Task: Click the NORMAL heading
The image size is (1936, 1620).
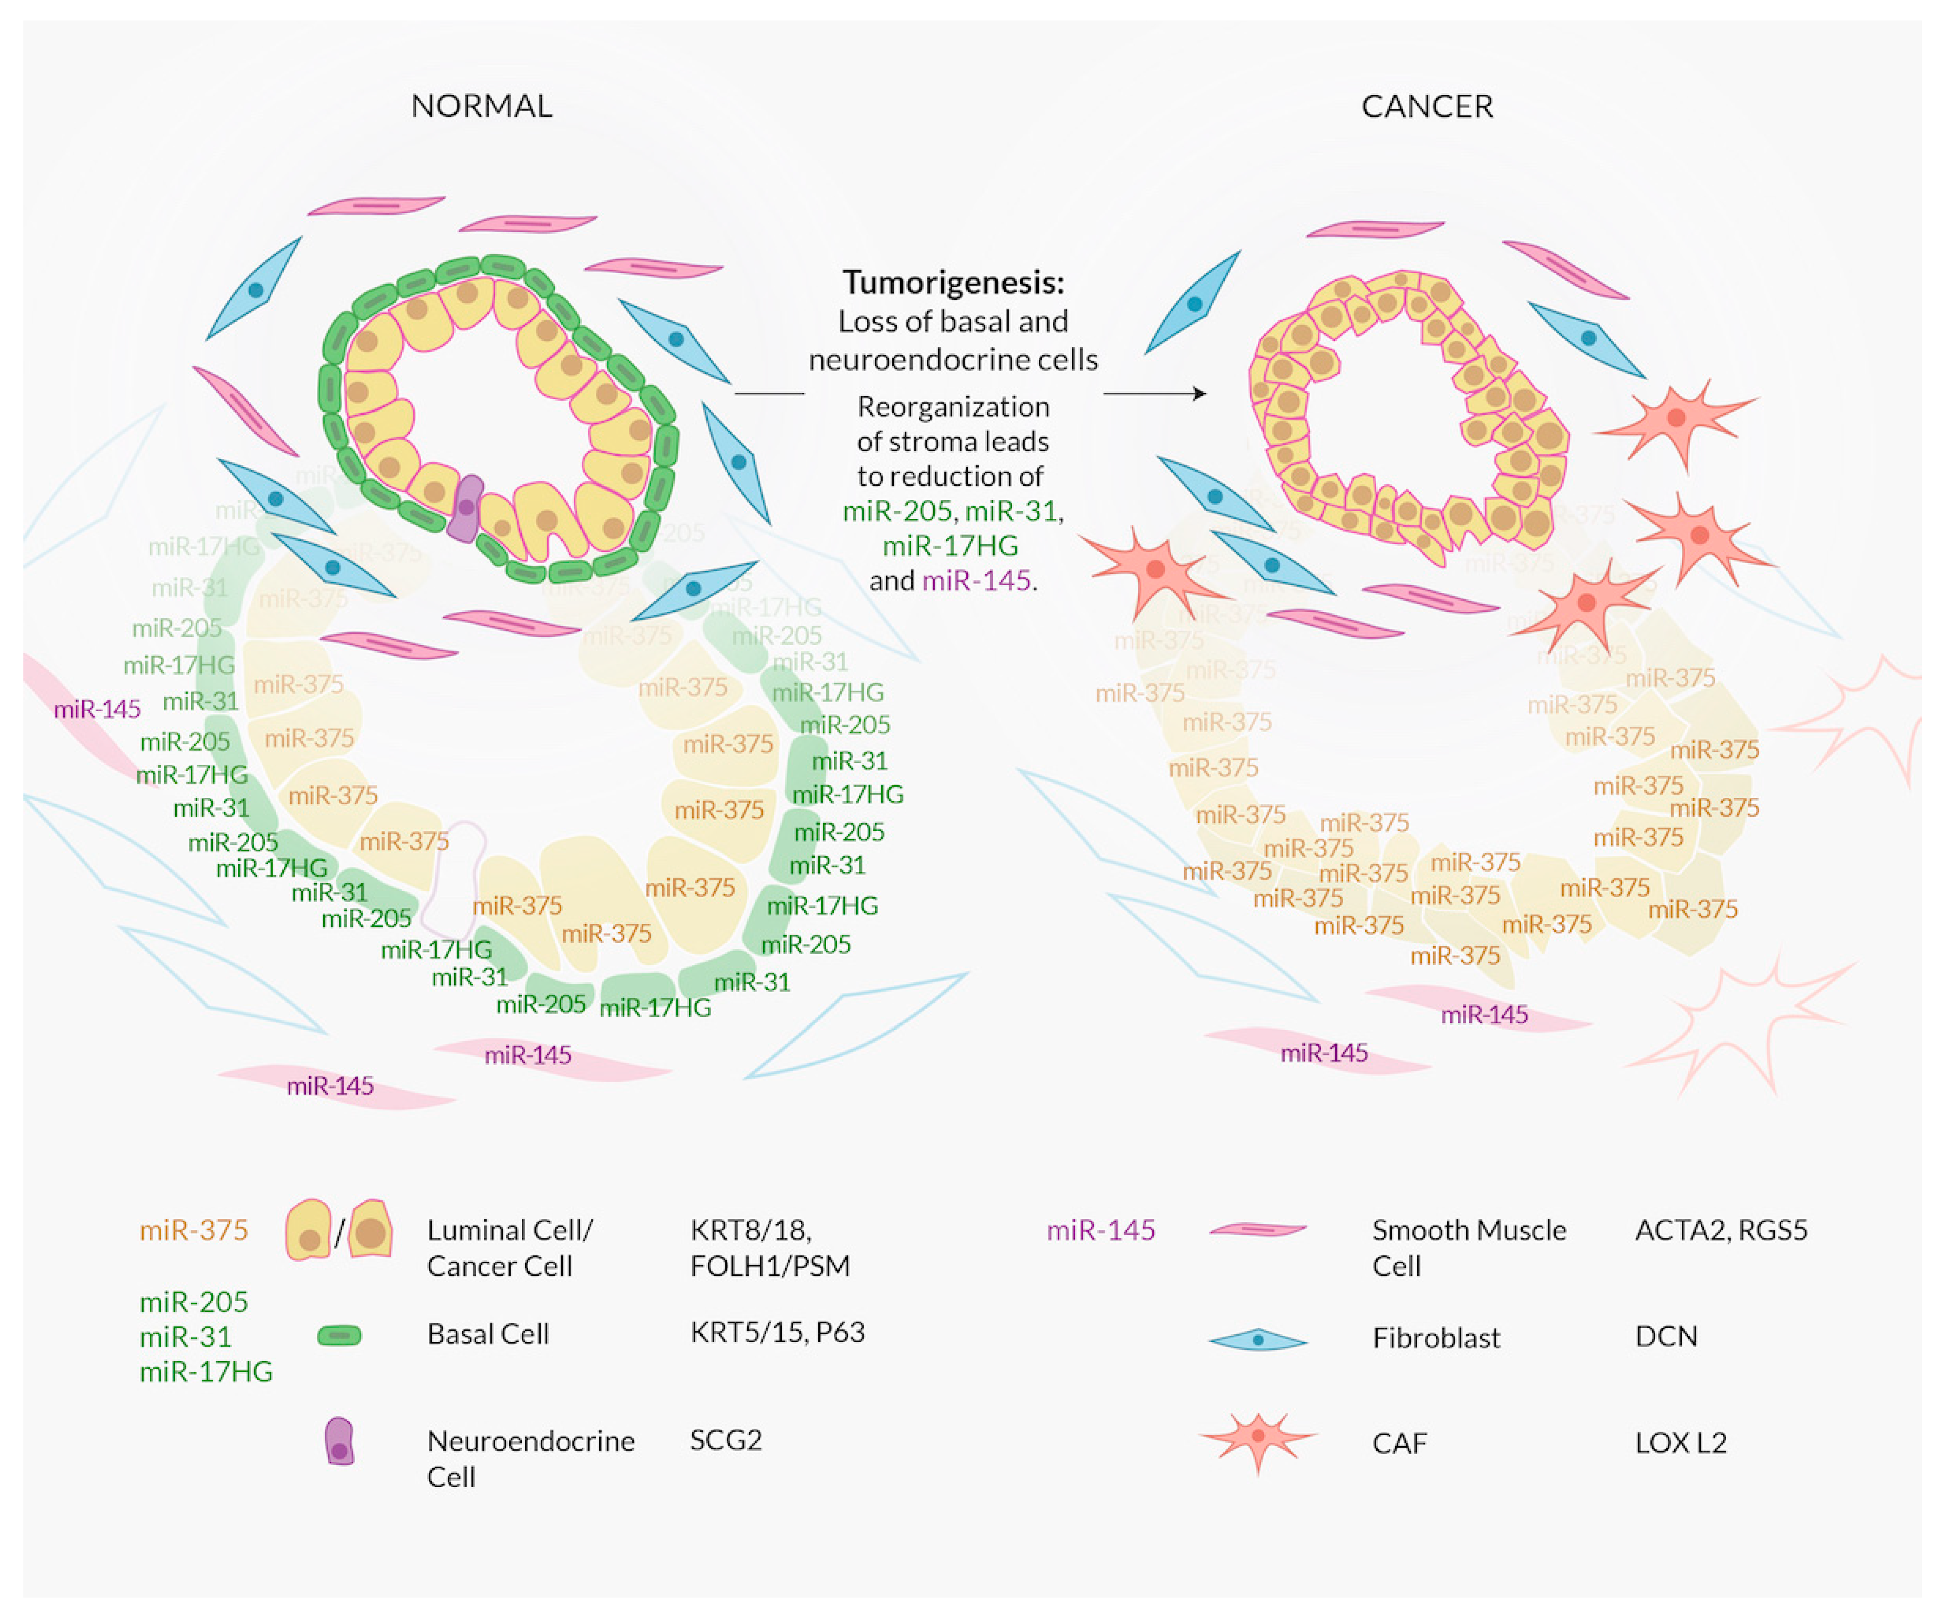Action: click(481, 106)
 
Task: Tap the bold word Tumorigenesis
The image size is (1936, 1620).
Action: click(952, 282)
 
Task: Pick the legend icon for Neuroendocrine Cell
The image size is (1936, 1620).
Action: click(339, 1442)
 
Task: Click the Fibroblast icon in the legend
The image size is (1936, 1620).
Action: click(1257, 1340)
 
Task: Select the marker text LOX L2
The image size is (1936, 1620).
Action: click(1680, 1443)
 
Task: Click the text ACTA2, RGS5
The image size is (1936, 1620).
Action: click(1720, 1230)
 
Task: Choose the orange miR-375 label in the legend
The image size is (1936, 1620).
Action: click(194, 1230)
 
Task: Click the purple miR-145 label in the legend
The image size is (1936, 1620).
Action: click(1101, 1230)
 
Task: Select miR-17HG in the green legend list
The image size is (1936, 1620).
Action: click(205, 1372)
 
